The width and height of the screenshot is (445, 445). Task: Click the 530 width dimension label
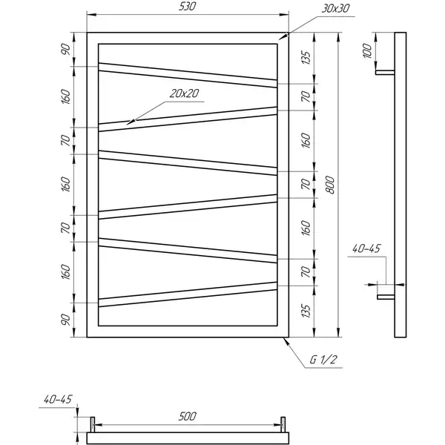[x=188, y=7]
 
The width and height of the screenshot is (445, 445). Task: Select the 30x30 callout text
[x=336, y=9]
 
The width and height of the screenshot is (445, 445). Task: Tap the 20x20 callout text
[x=185, y=93]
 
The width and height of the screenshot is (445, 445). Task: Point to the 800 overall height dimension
[x=330, y=185]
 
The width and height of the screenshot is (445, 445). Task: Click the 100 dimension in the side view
[x=368, y=50]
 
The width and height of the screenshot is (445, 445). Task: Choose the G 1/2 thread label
[x=323, y=360]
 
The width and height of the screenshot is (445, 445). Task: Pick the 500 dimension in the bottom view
[x=188, y=416]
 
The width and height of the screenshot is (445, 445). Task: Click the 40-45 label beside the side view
[x=366, y=249]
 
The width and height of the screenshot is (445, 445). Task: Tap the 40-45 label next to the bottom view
[x=58, y=400]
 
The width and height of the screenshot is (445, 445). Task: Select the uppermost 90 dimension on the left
[x=65, y=50]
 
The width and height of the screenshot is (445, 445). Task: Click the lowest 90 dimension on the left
[x=65, y=320]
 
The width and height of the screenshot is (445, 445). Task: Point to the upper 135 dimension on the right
[x=306, y=58]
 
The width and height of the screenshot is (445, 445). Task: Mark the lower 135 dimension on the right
[x=306, y=311]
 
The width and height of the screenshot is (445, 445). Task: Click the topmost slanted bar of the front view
[x=188, y=75]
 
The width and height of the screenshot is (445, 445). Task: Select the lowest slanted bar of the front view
[x=188, y=294]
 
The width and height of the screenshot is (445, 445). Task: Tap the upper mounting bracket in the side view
[x=385, y=73]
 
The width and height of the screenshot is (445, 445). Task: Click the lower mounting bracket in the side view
[x=386, y=297]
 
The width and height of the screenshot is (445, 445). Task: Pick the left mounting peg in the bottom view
[x=93, y=424]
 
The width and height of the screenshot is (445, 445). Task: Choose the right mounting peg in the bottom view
[x=283, y=424]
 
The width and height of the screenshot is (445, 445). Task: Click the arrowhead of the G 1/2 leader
[x=286, y=341]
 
